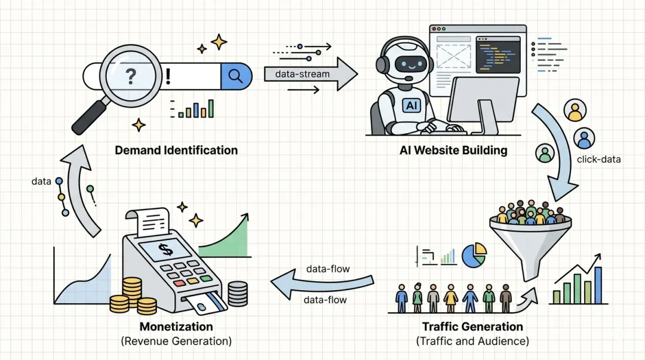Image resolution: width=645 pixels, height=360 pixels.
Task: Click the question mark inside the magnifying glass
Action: [131, 76]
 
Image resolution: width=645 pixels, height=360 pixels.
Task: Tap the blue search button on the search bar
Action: [236, 76]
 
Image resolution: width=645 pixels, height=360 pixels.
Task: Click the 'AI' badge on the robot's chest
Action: [411, 106]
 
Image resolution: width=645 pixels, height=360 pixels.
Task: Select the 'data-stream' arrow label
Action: [302, 74]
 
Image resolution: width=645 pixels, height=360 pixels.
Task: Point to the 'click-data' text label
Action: [598, 159]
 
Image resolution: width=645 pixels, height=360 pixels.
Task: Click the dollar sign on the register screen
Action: [165, 250]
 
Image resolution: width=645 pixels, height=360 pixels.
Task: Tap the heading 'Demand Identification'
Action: [176, 150]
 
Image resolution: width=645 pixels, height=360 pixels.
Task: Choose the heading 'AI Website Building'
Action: [453, 150]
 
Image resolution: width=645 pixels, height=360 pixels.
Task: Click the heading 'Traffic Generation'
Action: [472, 326]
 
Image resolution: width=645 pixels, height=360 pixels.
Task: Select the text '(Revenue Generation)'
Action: [176, 341]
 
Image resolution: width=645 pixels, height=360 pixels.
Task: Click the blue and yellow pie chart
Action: [474, 255]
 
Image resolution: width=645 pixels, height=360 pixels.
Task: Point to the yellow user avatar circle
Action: [575, 110]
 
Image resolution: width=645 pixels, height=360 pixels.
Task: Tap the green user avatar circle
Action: [545, 153]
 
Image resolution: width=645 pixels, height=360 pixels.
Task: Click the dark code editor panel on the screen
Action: [498, 55]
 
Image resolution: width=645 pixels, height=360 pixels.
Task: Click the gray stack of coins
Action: [238, 294]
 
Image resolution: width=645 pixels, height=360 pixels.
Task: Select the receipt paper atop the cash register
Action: [150, 222]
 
